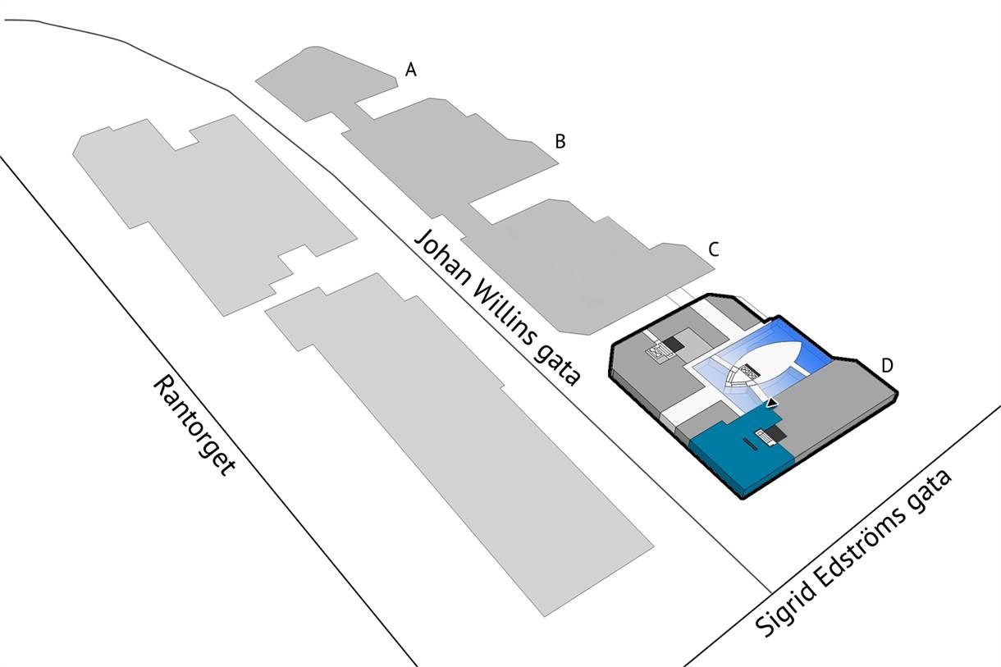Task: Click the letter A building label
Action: (411, 70)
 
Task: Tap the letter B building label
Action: (560, 141)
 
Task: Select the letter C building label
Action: (714, 249)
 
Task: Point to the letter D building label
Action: (887, 365)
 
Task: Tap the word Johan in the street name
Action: (442, 258)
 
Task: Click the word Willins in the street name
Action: (503, 315)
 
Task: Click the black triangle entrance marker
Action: (772, 404)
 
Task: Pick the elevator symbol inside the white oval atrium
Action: (748, 372)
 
